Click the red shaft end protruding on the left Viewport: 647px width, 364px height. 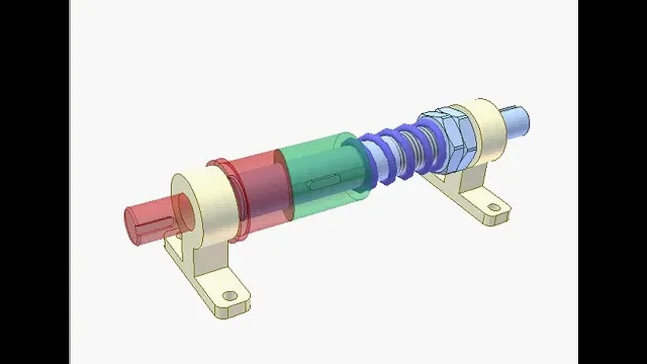click(x=144, y=224)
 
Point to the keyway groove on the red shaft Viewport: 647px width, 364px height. click(x=152, y=227)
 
